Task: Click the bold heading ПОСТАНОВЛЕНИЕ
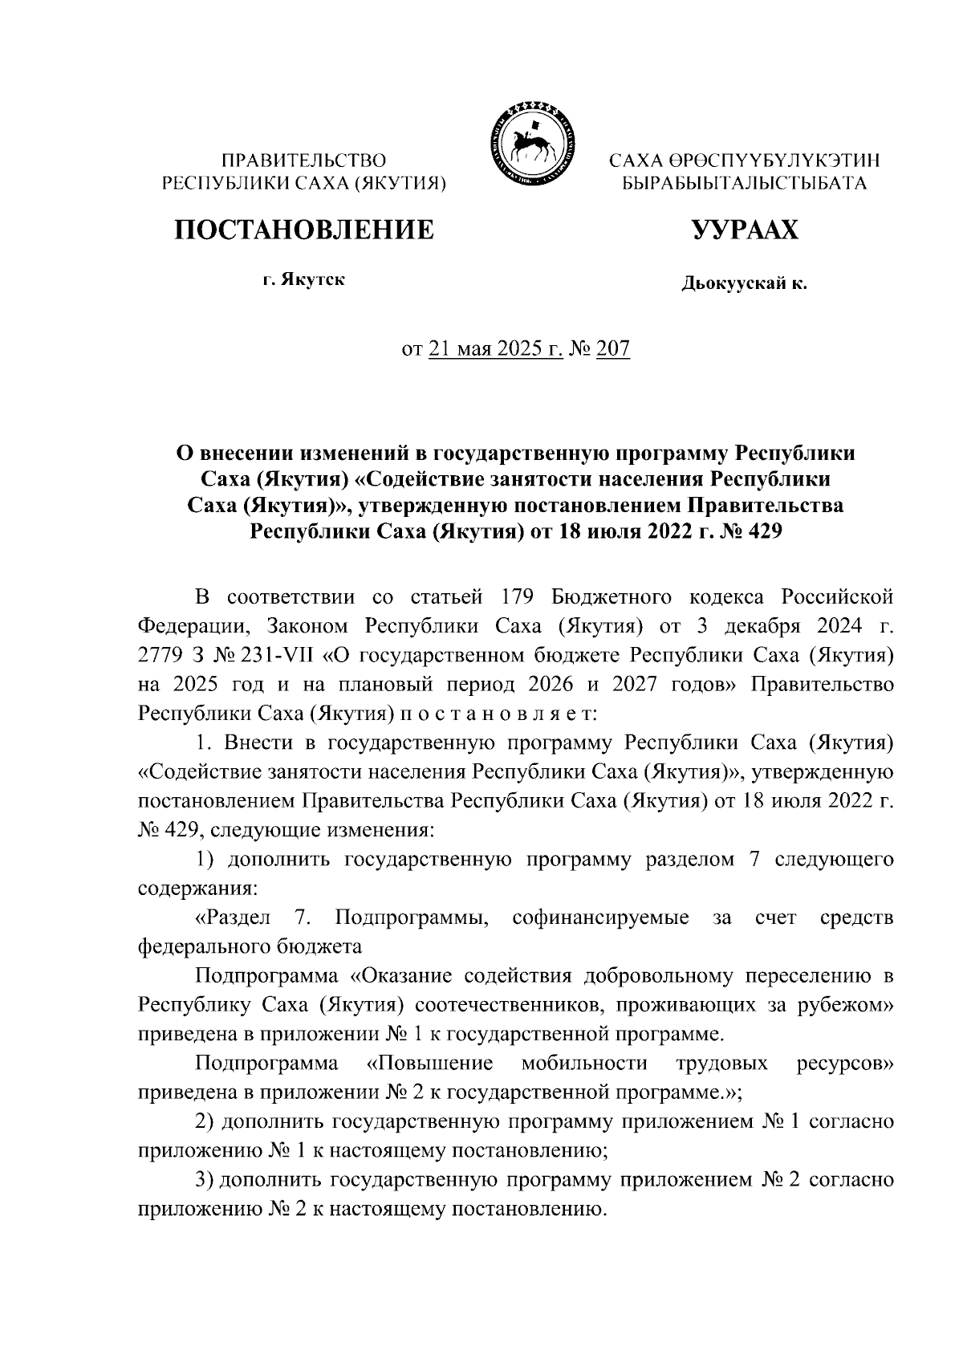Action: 305,230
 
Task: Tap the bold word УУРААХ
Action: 745,230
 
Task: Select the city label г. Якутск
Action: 304,281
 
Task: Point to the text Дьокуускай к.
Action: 744,283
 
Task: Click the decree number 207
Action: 613,349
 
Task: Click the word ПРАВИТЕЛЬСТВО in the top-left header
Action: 304,161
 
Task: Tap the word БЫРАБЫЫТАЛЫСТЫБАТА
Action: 745,183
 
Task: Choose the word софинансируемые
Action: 600,917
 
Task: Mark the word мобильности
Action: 583,1064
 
